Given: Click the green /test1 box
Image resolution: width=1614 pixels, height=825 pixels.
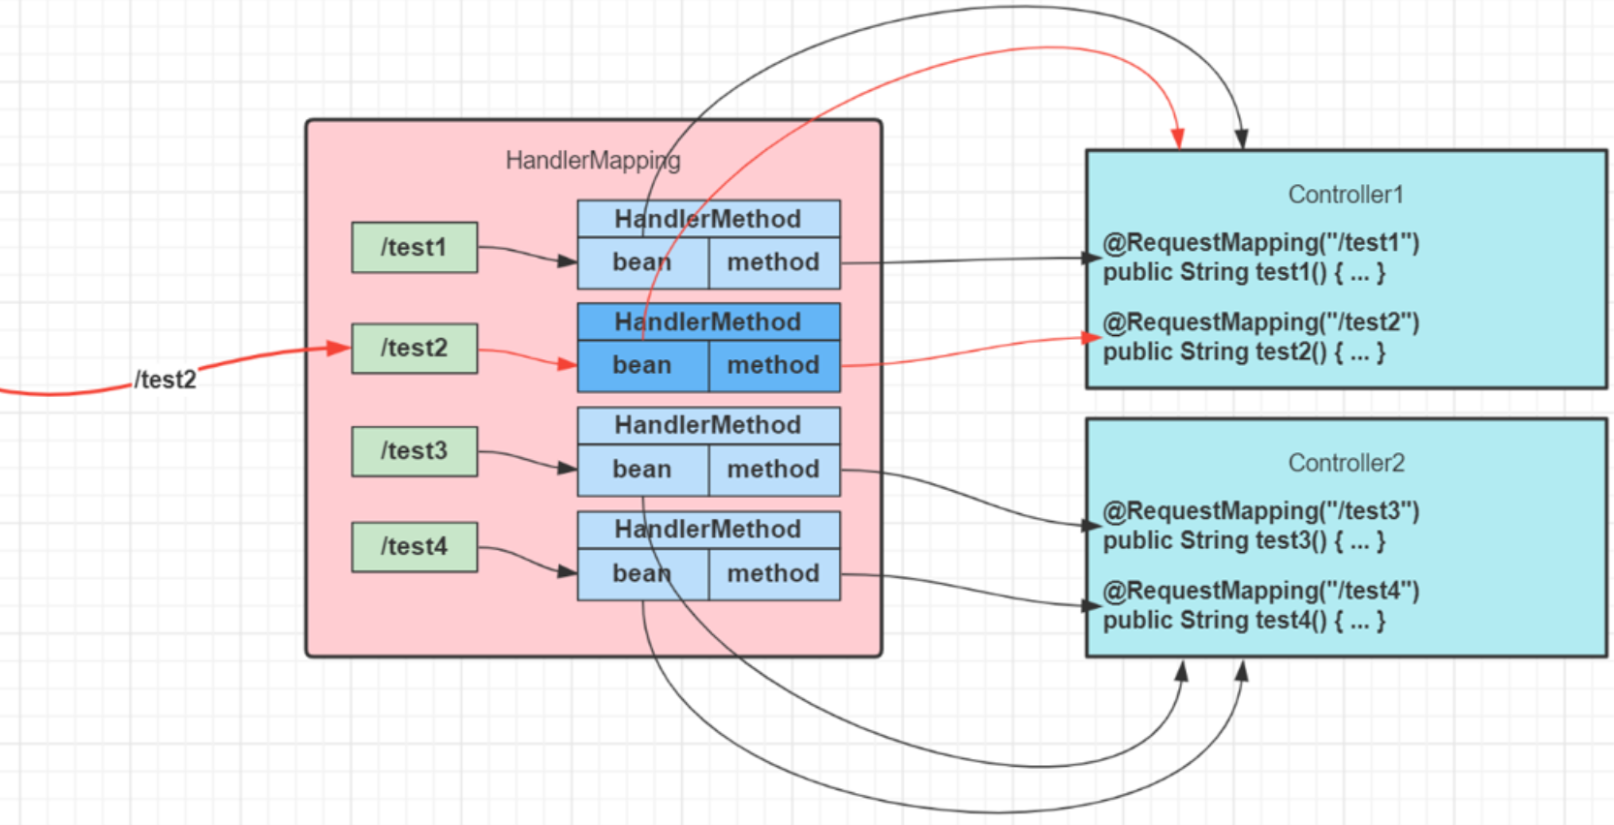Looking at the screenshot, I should pyautogui.click(x=414, y=247).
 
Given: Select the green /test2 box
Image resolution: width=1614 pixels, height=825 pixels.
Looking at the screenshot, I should pyautogui.click(x=414, y=348).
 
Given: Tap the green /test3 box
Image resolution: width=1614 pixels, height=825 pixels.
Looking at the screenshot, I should pyautogui.click(x=414, y=450).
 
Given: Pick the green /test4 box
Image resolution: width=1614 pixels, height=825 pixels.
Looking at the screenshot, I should pyautogui.click(x=414, y=546).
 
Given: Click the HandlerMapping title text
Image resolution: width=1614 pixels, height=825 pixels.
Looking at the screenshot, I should pyautogui.click(x=593, y=160).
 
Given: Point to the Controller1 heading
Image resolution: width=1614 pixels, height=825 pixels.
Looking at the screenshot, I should pyautogui.click(x=1346, y=195).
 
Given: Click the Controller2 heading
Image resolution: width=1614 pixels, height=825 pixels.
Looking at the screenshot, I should pyautogui.click(x=1346, y=463).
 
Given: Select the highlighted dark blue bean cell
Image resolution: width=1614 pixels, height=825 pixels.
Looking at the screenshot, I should pyautogui.click(x=642, y=365).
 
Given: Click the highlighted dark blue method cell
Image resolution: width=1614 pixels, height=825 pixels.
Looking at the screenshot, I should pyautogui.click(x=773, y=365).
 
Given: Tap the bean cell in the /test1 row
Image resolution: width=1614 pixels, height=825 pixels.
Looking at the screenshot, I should pyautogui.click(x=642, y=262).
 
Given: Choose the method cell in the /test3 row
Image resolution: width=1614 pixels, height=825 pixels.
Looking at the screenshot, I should pyautogui.click(x=773, y=470).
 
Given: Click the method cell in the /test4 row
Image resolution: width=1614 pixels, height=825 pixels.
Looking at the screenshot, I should pyautogui.click(x=773, y=573).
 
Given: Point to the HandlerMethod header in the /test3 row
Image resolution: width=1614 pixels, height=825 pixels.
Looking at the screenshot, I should pyautogui.click(x=707, y=425).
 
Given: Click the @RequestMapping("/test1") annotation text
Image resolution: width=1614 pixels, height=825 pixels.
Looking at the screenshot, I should pyautogui.click(x=1260, y=242).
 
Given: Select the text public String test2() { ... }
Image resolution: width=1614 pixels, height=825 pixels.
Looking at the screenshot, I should pyautogui.click(x=1244, y=352).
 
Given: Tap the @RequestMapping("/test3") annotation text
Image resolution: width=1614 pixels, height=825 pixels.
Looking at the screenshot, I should pyautogui.click(x=1260, y=510).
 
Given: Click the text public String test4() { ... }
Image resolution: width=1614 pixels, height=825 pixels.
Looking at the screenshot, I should pyautogui.click(x=1244, y=621).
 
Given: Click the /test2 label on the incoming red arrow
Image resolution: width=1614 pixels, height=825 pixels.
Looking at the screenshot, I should pyautogui.click(x=165, y=380).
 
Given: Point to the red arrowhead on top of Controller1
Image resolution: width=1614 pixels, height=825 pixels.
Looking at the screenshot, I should pyautogui.click(x=1177, y=138).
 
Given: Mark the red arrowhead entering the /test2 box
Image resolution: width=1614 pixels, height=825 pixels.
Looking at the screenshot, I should pyautogui.click(x=339, y=348).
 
